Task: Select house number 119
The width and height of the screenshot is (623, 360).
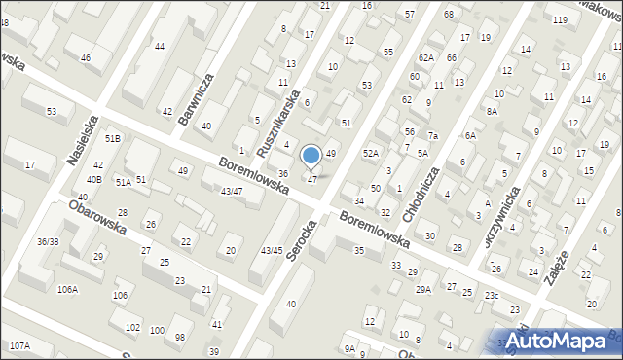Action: (560, 20)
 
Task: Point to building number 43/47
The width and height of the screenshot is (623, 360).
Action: (232, 192)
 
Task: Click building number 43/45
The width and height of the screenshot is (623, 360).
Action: (272, 251)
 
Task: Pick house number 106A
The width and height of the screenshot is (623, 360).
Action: (67, 289)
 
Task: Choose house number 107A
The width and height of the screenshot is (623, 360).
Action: (19, 346)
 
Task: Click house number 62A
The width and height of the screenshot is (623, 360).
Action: (426, 58)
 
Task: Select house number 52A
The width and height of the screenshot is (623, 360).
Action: (371, 154)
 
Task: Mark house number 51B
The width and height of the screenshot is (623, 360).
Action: (113, 139)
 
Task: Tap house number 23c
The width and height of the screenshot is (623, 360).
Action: (493, 296)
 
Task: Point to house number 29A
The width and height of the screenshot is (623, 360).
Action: (423, 289)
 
